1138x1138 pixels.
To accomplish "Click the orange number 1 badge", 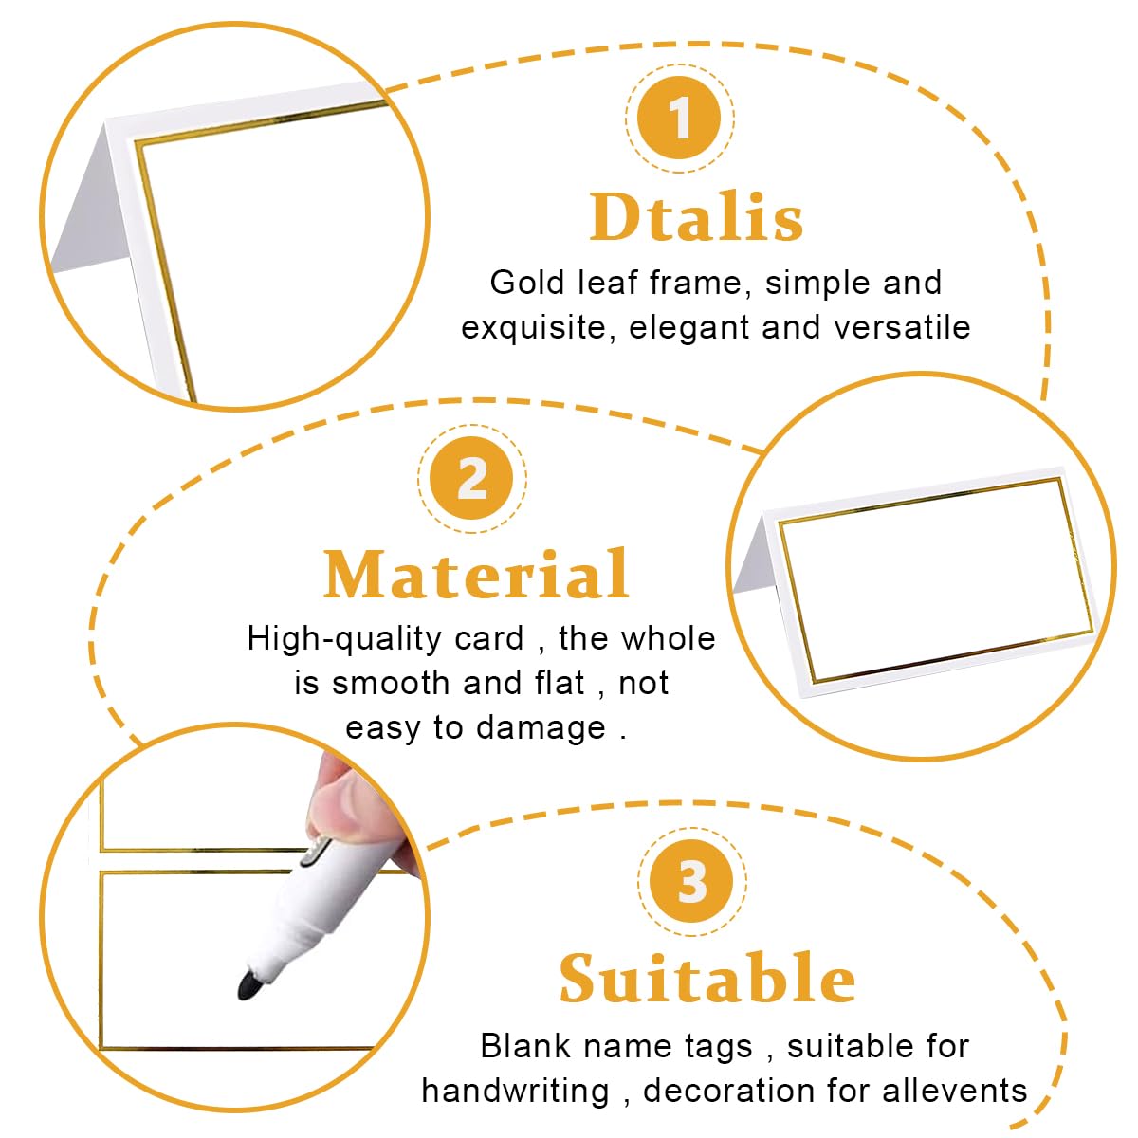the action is [679, 118].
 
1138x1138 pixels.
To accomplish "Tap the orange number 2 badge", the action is [472, 478].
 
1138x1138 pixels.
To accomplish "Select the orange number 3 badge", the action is [691, 881].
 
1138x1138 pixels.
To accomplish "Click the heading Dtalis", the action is [696, 217].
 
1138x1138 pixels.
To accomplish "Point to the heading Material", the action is [477, 574].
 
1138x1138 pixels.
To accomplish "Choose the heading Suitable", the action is [707, 978].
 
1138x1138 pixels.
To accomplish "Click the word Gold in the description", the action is [526, 283].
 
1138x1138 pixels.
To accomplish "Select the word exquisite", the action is [533, 328].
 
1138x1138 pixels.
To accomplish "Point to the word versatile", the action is [901, 327].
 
